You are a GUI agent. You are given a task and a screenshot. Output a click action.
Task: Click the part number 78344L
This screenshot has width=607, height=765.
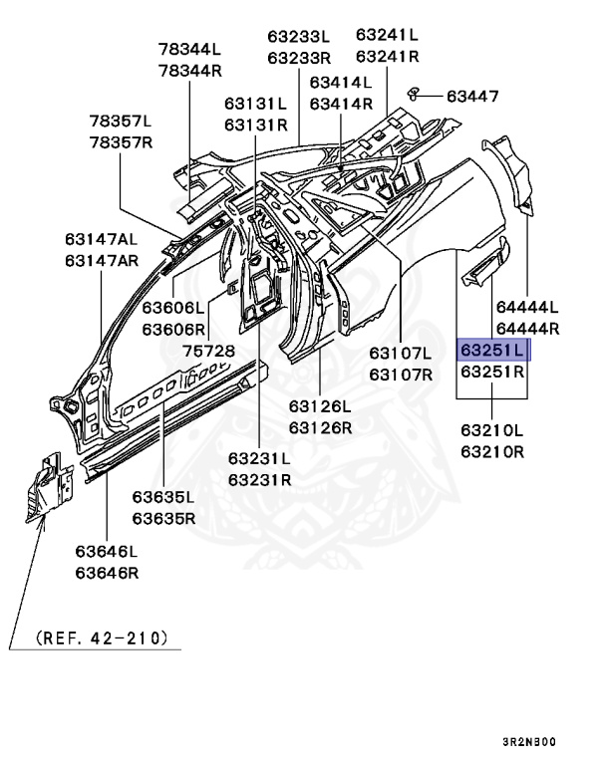tap(189, 49)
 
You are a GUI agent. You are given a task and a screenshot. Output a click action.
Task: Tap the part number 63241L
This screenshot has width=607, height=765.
tap(388, 36)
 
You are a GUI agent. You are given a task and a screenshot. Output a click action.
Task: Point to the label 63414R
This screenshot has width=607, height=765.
tap(341, 103)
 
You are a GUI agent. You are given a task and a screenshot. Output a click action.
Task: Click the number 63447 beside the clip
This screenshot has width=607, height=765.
tap(472, 96)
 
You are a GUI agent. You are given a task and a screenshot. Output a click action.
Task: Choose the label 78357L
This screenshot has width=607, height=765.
tap(121, 122)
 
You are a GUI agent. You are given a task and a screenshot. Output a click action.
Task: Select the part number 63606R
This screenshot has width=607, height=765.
tap(172, 329)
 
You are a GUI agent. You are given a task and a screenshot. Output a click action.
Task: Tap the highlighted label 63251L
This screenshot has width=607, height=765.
tap(493, 350)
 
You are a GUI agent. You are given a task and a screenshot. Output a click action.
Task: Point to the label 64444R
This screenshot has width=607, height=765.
tap(527, 328)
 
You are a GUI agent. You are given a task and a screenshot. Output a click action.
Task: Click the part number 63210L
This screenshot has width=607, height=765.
tap(492, 431)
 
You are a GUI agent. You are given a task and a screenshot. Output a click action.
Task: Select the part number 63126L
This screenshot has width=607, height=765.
tap(320, 406)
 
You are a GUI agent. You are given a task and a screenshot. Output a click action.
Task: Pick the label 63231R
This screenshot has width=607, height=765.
tap(259, 479)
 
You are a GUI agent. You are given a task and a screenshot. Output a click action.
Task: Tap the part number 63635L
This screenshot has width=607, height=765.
tap(164, 497)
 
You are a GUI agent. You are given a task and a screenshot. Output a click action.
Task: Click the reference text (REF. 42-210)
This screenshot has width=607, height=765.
tap(102, 637)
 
